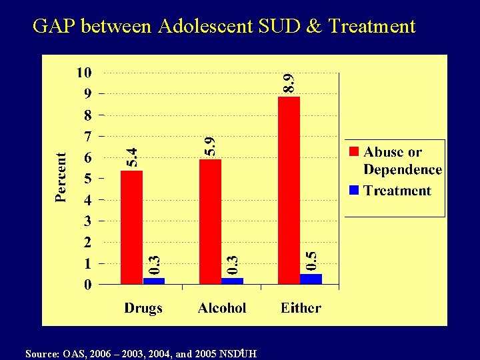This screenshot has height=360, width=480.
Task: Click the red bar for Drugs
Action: point(131,227)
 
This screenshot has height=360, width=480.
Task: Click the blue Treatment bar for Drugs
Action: point(154,281)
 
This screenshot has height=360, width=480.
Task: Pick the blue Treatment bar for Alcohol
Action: point(232,281)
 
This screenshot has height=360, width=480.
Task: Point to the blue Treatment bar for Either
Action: point(311,279)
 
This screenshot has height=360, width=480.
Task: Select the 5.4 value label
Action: point(132,157)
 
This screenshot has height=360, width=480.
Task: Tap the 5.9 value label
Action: point(210,146)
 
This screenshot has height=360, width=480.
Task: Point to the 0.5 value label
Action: point(311,260)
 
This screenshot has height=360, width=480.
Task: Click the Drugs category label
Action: point(143,308)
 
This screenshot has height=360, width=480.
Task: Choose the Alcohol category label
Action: point(222,308)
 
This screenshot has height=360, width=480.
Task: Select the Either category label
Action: point(301,308)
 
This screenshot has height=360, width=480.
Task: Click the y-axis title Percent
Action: point(61,177)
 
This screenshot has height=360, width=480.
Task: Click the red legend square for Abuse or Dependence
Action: point(355,153)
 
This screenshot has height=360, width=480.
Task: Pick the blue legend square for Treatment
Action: point(355,191)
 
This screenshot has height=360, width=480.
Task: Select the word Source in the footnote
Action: point(39,353)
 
